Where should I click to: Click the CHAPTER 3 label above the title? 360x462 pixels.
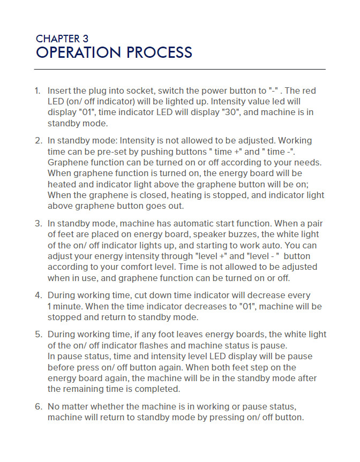click(62, 39)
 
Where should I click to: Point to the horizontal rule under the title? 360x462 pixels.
click(180, 70)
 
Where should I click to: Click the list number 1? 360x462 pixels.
click(37, 91)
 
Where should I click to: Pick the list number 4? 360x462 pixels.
click(37, 295)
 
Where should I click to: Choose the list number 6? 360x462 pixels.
click(37, 406)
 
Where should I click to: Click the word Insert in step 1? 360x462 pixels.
click(59, 91)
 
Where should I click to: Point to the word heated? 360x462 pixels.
click(61, 184)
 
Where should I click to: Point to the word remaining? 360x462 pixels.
click(80, 389)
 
